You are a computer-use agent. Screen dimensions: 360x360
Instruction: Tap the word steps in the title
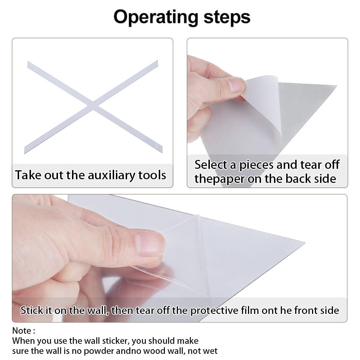pos(227,17)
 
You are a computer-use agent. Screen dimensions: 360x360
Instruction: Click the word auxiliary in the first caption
pos(112,175)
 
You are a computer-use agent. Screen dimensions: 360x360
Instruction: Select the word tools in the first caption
pos(152,175)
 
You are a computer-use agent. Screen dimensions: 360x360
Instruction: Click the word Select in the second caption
pos(211,165)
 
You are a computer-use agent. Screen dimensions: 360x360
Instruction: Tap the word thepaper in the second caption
pos(219,179)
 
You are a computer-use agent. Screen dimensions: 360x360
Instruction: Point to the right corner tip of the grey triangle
pos(337,86)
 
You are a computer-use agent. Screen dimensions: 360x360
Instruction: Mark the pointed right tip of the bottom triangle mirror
pos(305,242)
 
